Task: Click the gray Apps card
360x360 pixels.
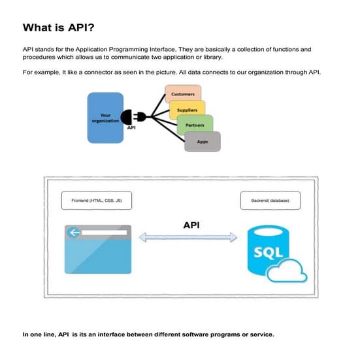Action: (x=203, y=141)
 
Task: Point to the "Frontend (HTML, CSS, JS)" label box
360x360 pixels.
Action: (x=96, y=201)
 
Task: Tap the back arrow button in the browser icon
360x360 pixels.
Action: (x=76, y=232)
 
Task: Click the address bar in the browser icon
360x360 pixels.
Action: (x=104, y=232)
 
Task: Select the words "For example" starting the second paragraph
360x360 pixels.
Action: (x=38, y=71)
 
